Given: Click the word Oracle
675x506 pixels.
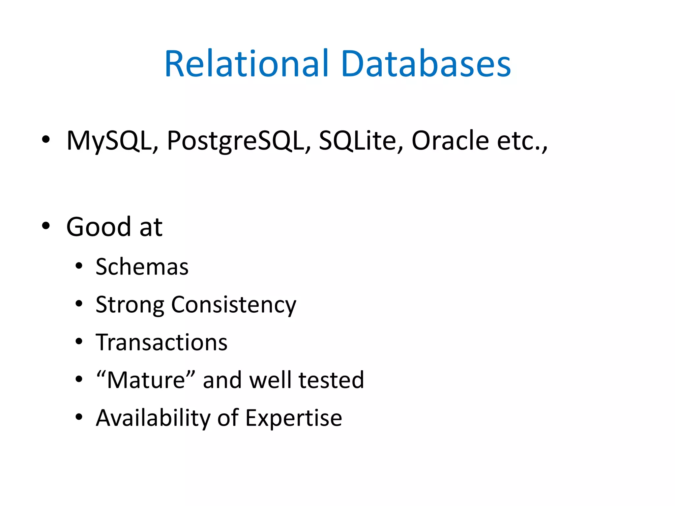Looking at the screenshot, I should point(450,141).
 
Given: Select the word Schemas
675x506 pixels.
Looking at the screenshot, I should point(142,267).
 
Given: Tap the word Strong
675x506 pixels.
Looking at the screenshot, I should point(130,305).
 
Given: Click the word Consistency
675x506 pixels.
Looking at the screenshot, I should point(234,305).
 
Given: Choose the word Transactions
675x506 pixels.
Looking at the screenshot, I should point(161,342).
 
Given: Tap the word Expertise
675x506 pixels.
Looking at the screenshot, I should point(294,418).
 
